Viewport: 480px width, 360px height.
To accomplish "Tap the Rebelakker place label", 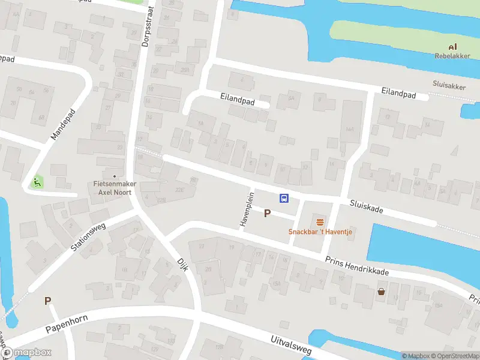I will coord(451,56).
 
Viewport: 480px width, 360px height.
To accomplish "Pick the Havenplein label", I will coord(244,208).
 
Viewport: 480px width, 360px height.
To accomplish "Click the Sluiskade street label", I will coord(367,208).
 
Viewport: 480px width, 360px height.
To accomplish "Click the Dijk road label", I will coord(184,264).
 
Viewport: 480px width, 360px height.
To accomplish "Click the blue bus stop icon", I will coord(283,198).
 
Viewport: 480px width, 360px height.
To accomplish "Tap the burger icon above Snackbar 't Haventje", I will coord(319,222).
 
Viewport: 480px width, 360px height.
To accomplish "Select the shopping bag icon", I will coord(381,292).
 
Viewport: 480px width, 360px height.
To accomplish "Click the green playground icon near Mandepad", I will coord(37,182).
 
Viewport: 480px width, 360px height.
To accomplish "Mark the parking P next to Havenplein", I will coord(267,213).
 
